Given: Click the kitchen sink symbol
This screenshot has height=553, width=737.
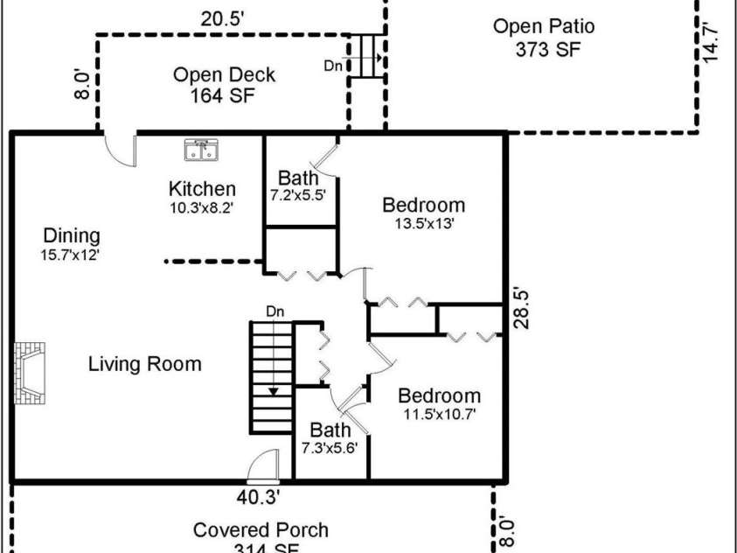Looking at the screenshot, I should pyautogui.click(x=201, y=150).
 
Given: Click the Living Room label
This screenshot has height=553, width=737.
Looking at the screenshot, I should pyautogui.click(x=144, y=364).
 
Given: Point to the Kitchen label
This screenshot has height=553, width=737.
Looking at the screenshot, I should pyautogui.click(x=202, y=188).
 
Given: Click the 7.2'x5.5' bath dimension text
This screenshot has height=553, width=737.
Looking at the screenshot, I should pyautogui.click(x=298, y=195).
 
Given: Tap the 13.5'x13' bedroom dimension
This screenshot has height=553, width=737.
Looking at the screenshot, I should pyautogui.click(x=423, y=223).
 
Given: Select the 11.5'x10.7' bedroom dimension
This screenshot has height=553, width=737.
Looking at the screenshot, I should pyautogui.click(x=439, y=414).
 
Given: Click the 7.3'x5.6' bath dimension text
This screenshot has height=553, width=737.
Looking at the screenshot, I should pyautogui.click(x=330, y=447).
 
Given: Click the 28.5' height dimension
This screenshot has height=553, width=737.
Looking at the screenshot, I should pyautogui.click(x=521, y=307).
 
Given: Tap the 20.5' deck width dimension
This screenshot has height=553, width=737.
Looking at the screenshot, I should pyautogui.click(x=221, y=18).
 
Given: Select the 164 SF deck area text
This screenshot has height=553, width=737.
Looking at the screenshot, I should pyautogui.click(x=223, y=94).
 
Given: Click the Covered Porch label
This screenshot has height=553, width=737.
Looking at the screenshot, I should pyautogui.click(x=261, y=529).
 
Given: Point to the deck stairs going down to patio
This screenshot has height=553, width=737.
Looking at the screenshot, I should pyautogui.click(x=365, y=57).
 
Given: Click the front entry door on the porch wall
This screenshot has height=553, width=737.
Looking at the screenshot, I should pyautogui.click(x=262, y=469).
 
